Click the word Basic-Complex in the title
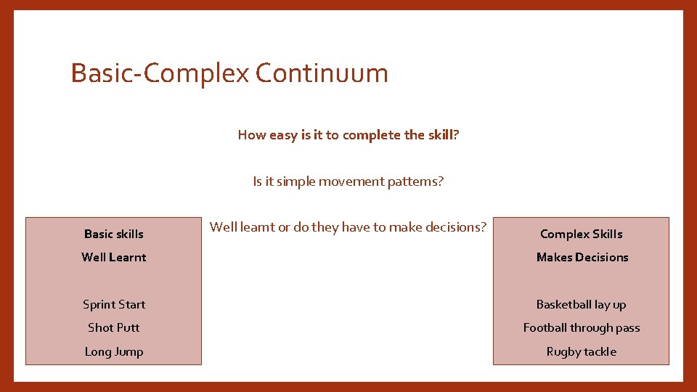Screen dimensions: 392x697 (160, 73)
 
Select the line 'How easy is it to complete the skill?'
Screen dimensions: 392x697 (348, 135)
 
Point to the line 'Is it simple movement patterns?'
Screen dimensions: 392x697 (348, 181)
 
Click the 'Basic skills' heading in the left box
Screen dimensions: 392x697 (114, 234)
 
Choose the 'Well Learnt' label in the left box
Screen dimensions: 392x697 (114, 257)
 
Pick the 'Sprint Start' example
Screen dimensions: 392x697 (114, 304)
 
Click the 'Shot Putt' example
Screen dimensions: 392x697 (114, 327)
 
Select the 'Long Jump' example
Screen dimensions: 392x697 (114, 351)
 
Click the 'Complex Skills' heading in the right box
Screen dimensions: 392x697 (582, 234)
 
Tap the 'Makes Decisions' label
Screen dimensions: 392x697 (582, 257)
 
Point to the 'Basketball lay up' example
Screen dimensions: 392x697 (582, 304)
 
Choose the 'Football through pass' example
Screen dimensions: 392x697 (582, 327)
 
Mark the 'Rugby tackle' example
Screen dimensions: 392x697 (582, 351)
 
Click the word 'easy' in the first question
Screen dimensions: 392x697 (283, 136)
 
